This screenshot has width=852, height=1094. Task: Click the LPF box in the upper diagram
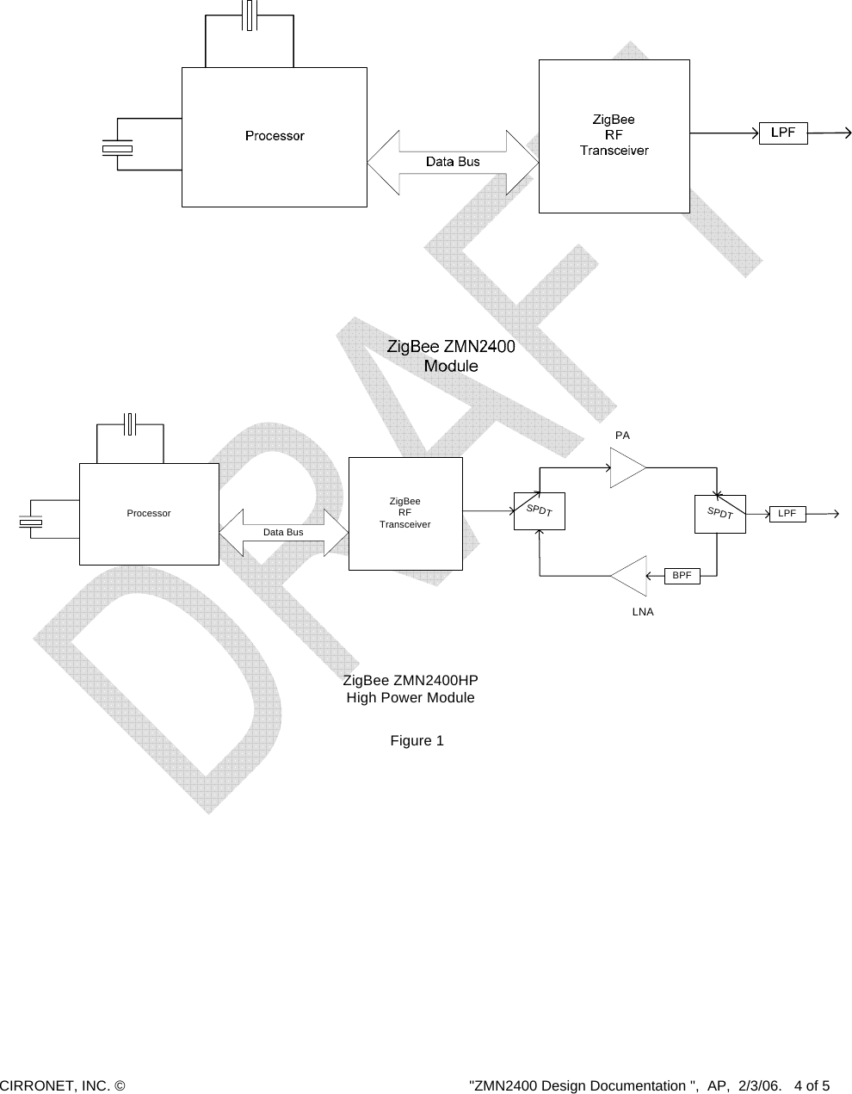[782, 133]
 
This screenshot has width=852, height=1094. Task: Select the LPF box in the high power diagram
[787, 514]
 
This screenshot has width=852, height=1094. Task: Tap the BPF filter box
[682, 575]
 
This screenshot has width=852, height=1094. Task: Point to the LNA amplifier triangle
[630, 575]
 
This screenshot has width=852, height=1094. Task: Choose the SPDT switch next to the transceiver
[539, 510]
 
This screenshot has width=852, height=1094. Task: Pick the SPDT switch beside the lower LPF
[719, 514]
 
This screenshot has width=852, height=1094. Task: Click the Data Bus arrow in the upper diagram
[453, 162]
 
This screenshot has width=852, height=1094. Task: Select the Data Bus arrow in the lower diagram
[283, 533]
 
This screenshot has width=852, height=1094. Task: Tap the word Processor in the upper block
[275, 136]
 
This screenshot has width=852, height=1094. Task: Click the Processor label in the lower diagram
[149, 513]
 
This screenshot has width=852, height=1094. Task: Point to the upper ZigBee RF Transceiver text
[614, 135]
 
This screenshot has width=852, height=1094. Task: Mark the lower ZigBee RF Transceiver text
[404, 512]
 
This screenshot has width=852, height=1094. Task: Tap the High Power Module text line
[410, 698]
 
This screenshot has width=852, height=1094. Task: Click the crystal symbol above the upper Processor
[250, 16]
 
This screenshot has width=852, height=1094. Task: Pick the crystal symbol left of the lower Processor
[31, 522]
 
